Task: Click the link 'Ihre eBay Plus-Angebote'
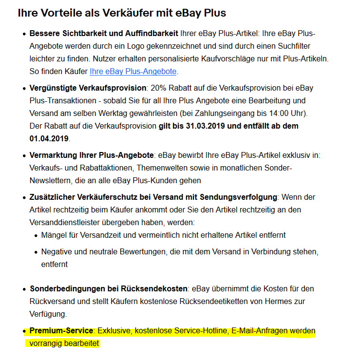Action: [133, 71]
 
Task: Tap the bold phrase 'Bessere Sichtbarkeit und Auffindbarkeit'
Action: [104, 34]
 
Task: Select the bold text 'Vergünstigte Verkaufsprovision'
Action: [88, 88]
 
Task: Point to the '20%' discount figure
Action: [159, 88]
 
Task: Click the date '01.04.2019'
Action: [49, 138]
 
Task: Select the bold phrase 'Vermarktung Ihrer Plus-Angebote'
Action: [92, 155]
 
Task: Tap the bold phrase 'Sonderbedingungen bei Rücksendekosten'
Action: [108, 288]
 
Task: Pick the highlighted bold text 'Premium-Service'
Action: [61, 331]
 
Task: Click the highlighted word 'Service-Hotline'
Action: [199, 331]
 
